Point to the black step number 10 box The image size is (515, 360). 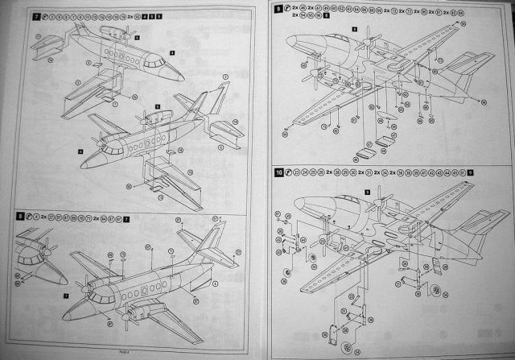click(x=278, y=172)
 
